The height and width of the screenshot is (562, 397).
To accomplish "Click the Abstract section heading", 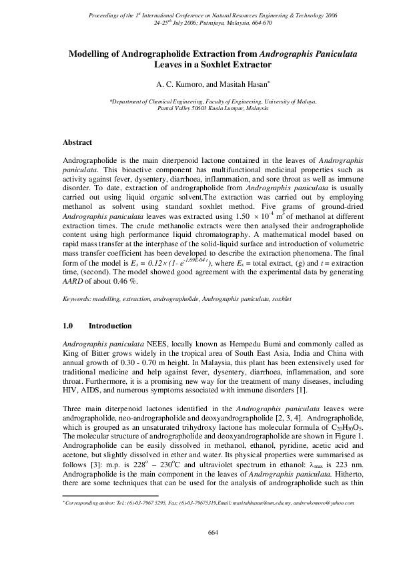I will [77, 142].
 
